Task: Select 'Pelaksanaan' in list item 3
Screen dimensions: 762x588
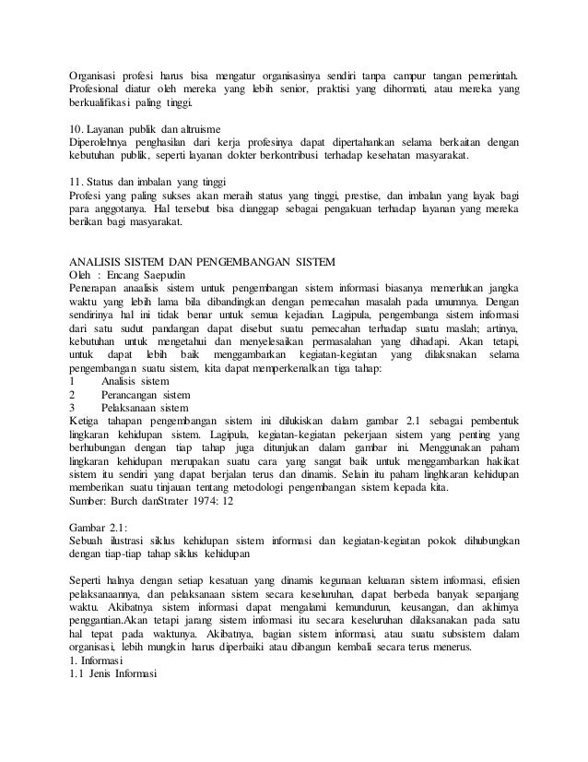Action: click(129, 410)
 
